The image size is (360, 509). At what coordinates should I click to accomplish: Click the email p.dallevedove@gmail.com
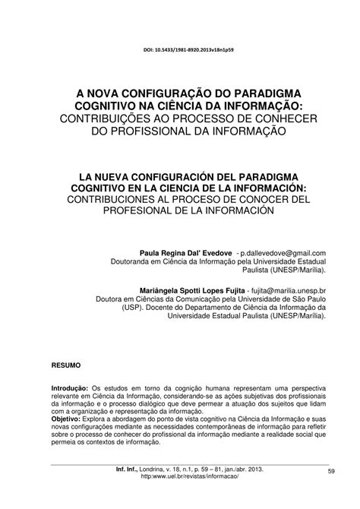283,252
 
